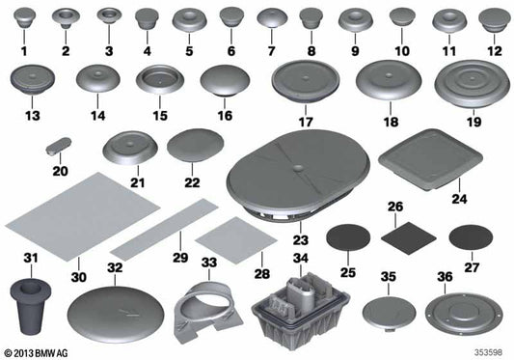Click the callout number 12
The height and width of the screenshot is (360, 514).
[493, 50]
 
